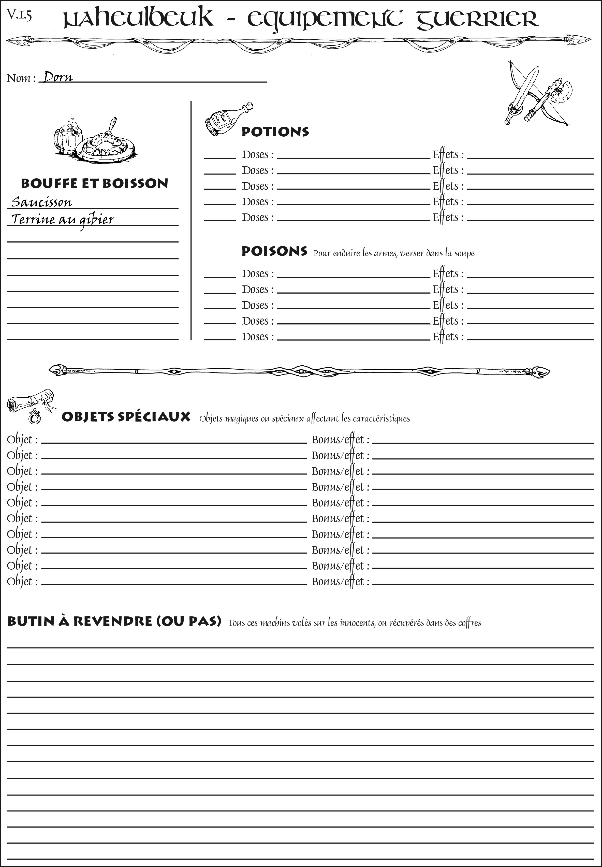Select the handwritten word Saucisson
[x=41, y=202]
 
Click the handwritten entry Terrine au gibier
[x=63, y=220]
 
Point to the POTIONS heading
[x=275, y=132]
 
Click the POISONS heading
[x=274, y=251]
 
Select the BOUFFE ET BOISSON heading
[x=94, y=183]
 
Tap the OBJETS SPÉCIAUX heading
[x=126, y=417]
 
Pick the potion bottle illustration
[x=226, y=119]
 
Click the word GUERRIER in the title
[x=477, y=19]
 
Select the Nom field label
[x=21, y=78]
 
